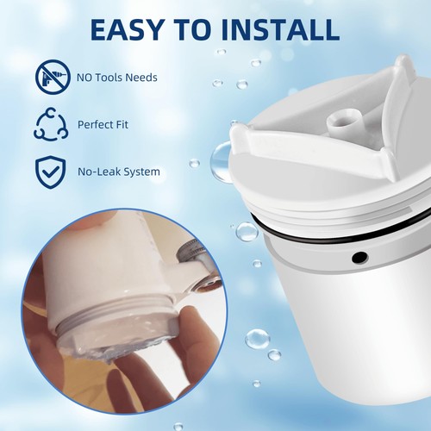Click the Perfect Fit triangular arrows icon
click(x=49, y=125)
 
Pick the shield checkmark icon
click(x=49, y=171)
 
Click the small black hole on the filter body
click(x=359, y=257)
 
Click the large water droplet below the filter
click(x=257, y=338)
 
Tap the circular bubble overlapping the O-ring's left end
click(x=247, y=231)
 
